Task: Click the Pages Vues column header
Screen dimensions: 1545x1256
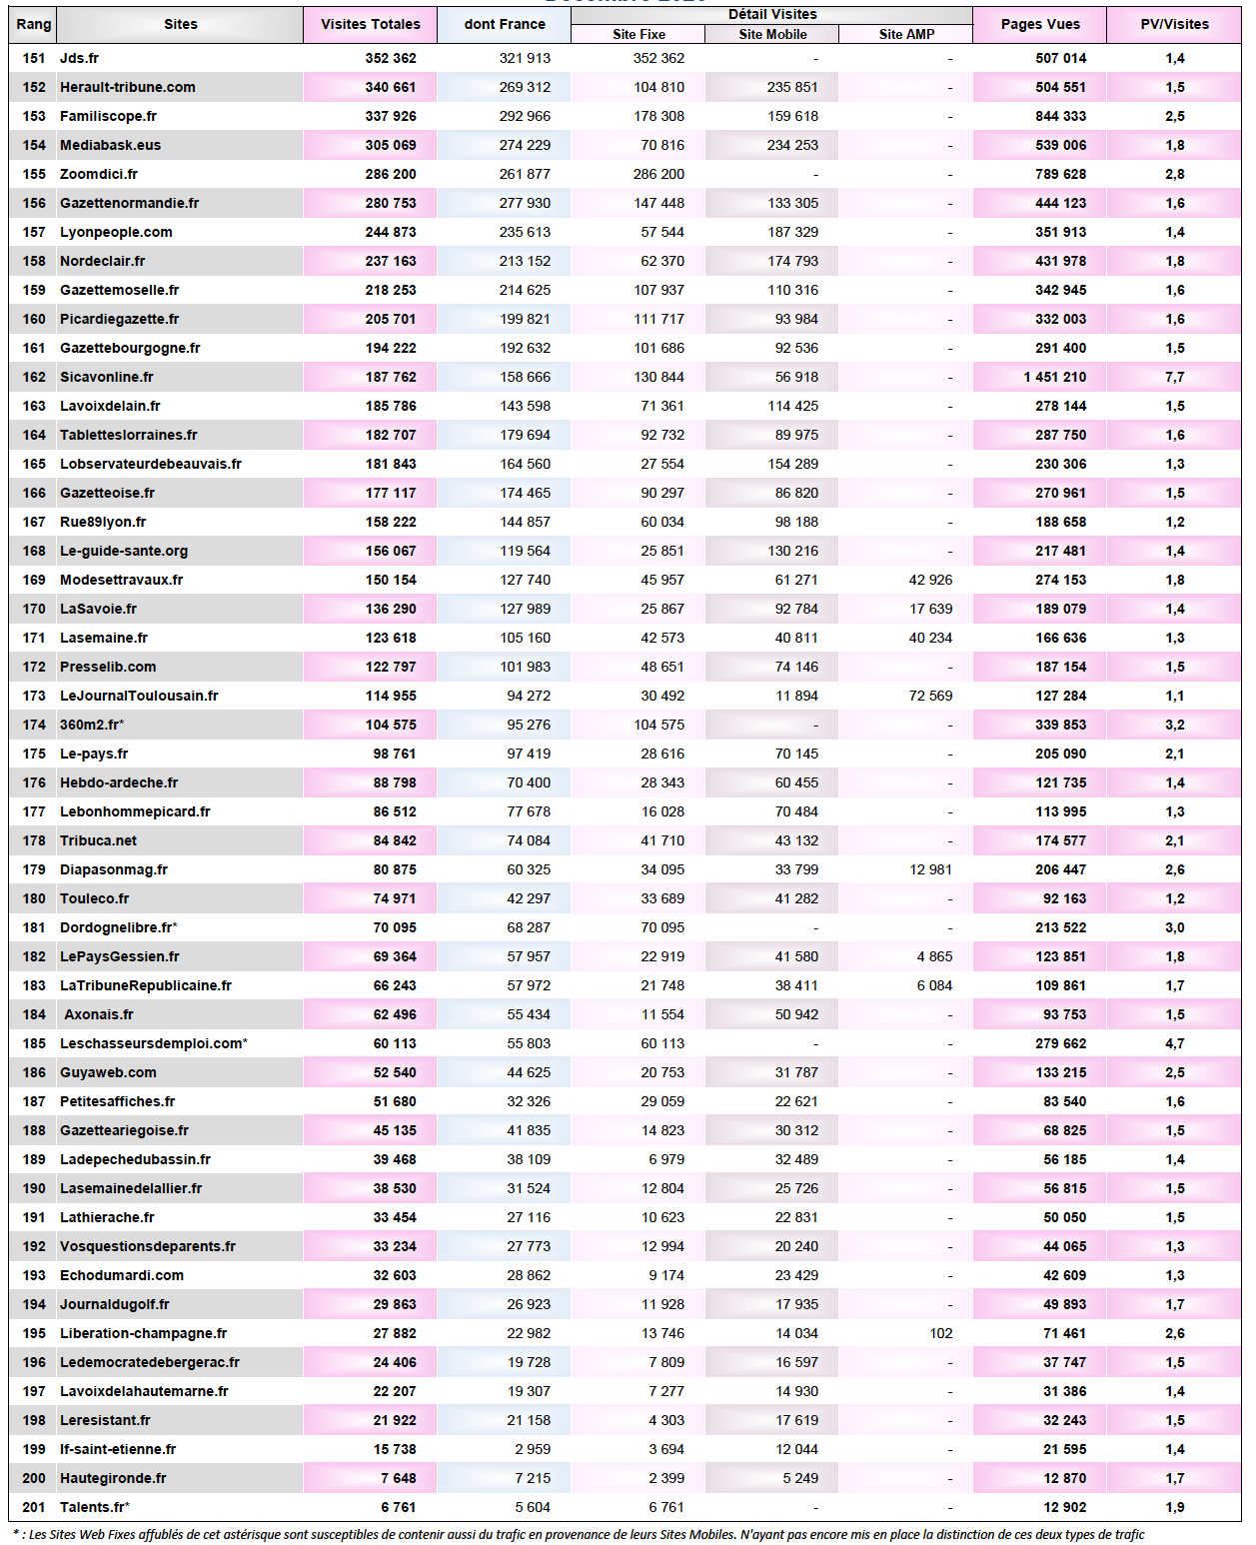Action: (1040, 24)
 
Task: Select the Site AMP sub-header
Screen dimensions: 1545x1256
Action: (906, 34)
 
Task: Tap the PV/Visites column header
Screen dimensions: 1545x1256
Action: (1174, 24)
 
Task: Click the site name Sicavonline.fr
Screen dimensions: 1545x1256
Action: (107, 377)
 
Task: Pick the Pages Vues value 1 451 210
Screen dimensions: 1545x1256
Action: (1054, 377)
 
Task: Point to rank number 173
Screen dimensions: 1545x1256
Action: (34, 696)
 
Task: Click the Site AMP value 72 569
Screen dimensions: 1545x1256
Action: (930, 696)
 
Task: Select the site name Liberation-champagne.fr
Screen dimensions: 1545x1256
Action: (143, 1333)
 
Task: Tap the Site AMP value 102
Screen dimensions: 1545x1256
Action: (940, 1333)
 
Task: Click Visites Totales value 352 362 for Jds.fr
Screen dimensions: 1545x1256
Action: (391, 58)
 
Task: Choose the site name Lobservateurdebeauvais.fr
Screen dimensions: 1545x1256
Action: (151, 464)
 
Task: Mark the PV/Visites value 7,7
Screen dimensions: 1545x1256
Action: (1174, 377)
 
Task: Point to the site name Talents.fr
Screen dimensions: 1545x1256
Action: (93, 1507)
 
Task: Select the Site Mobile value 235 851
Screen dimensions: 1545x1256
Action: (792, 87)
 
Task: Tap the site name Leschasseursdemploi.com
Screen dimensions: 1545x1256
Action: (151, 1043)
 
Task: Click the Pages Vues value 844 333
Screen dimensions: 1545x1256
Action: (1060, 116)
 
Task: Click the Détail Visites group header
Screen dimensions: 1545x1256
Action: (772, 14)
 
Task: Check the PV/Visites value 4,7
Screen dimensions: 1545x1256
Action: (1174, 1043)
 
